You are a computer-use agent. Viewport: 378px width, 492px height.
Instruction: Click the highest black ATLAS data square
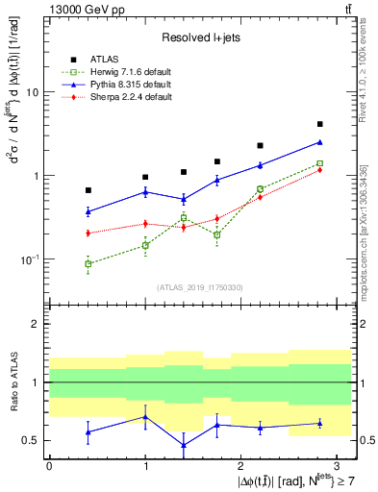[x=320, y=124]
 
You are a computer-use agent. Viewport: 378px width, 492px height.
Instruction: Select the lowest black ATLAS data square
[x=88, y=190]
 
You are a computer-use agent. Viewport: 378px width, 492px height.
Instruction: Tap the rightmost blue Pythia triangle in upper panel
[x=320, y=142]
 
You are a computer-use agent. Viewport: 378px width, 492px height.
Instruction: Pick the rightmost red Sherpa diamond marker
[x=320, y=170]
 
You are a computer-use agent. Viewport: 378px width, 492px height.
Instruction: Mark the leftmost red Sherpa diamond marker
[x=88, y=234]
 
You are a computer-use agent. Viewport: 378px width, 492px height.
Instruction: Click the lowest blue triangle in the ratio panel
[x=184, y=445]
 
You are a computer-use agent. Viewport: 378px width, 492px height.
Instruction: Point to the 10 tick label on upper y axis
[x=32, y=92]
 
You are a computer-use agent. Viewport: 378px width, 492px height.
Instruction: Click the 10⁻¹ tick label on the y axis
[x=30, y=259]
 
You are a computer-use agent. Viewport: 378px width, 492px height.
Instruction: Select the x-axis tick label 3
[x=337, y=464]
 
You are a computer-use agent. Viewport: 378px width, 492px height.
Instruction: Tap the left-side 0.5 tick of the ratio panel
[x=32, y=440]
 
